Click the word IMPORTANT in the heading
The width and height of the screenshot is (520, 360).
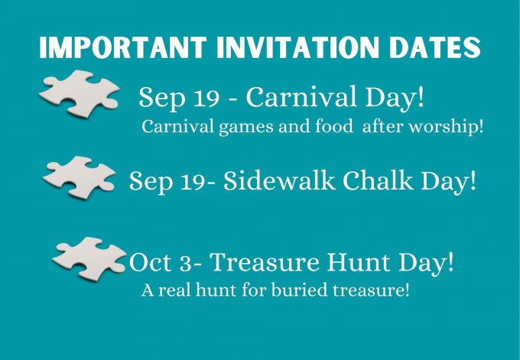click(x=123, y=47)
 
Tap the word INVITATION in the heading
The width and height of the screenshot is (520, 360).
click(x=297, y=47)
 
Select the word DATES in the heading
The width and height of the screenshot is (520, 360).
click(x=435, y=47)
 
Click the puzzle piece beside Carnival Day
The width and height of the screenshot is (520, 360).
click(x=80, y=94)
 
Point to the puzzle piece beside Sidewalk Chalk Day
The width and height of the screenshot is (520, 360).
click(x=80, y=177)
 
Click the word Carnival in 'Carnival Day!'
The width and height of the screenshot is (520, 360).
click(x=301, y=96)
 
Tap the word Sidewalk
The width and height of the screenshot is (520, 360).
click(x=279, y=180)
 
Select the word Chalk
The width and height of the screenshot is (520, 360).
click(x=378, y=180)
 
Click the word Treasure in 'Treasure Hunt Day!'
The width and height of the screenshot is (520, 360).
click(x=265, y=262)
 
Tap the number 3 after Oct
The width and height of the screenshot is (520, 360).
click(x=186, y=264)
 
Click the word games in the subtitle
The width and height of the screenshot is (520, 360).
click(x=245, y=128)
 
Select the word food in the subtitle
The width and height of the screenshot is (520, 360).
click(x=333, y=126)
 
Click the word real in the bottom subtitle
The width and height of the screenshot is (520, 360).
click(x=175, y=290)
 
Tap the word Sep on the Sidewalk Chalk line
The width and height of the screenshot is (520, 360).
click(x=151, y=181)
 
